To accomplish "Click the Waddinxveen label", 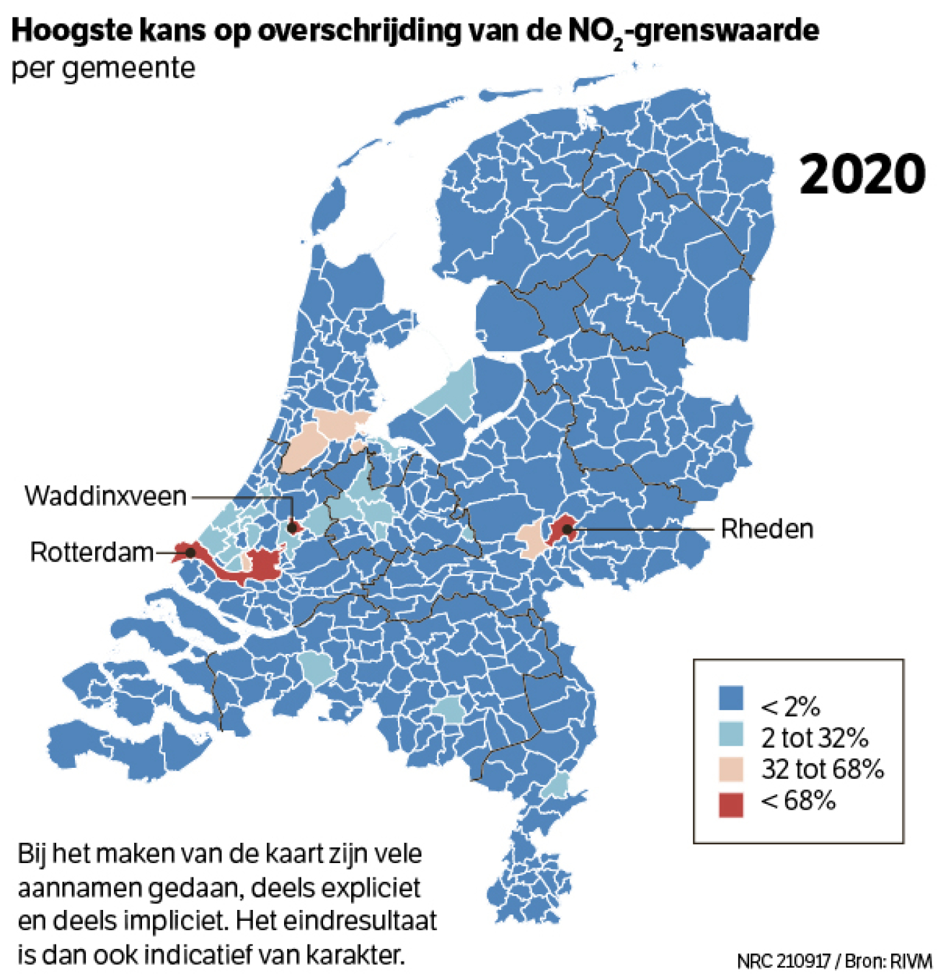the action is point(106,496).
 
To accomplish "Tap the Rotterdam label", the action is point(92,552).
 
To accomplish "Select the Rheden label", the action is point(767,529).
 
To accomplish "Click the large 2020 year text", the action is point(862,175).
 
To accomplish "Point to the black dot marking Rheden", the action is point(567,530).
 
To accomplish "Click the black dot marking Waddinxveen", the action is point(292,527).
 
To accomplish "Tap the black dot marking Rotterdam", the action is point(190,552).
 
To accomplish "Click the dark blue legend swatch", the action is point(731,698).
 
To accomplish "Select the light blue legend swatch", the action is point(731,734).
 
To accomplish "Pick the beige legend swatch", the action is point(731,769).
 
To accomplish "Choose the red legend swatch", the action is point(731,804).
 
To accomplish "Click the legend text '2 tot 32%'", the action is point(814,738).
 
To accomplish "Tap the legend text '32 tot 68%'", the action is point(822,769).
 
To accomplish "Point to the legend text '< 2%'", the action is point(789,706).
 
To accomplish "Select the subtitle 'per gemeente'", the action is point(103,68).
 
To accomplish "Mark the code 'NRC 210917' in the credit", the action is point(784,961).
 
